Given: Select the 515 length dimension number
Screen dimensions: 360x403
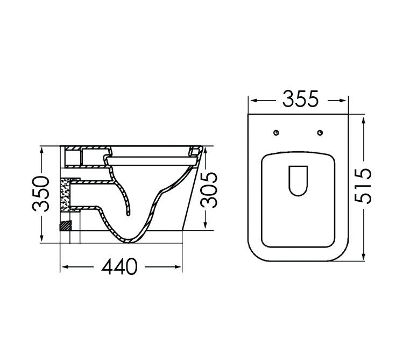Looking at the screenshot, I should [364, 186].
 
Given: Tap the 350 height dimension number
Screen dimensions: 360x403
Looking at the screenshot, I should [43, 194].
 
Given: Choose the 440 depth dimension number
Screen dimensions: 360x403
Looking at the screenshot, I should [121, 266].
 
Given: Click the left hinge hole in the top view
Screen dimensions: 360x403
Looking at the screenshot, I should [277, 133].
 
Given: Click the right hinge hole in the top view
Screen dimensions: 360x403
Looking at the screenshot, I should [320, 133].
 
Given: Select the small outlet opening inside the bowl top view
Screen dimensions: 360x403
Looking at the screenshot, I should [298, 180].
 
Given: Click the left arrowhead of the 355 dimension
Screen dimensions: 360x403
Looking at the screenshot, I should [251, 100].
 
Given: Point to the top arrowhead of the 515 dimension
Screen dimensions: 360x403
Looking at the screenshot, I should [365, 117].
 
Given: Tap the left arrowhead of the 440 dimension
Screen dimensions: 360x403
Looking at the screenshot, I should [62, 267].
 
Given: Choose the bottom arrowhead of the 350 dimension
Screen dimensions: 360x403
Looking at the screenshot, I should [42, 239].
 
